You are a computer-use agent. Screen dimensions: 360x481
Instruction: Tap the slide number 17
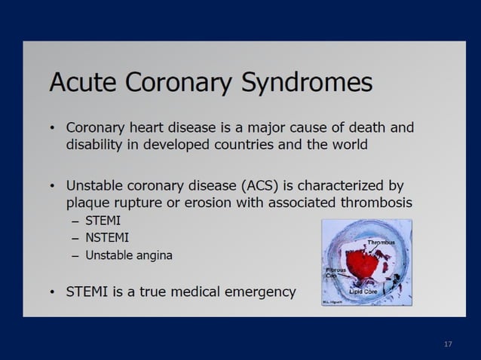pos(448,344)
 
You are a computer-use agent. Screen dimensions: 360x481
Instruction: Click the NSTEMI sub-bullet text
pos(107,238)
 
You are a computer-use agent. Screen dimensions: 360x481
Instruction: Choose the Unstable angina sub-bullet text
pos(128,255)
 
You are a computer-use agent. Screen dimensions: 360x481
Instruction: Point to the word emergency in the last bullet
pos(258,291)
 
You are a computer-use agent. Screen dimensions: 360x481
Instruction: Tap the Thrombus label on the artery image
pos(381,243)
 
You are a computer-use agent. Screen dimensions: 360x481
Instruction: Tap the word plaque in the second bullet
pos(87,203)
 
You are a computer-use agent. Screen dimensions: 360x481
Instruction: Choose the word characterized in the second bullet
pos(346,185)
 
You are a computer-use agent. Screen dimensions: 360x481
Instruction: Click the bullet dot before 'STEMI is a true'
pos(52,292)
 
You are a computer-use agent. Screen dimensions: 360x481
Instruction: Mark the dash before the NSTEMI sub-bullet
pos(75,238)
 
